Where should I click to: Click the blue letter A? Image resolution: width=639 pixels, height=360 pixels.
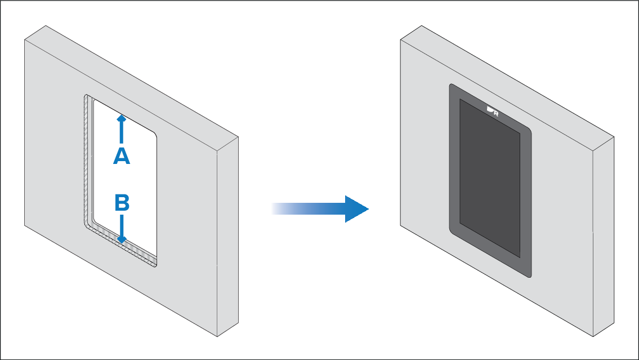(x=122, y=155)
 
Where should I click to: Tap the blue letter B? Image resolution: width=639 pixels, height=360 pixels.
(x=122, y=202)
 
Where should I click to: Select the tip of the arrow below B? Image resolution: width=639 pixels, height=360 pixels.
(x=122, y=241)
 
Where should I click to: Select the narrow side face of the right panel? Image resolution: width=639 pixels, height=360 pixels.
(x=604, y=237)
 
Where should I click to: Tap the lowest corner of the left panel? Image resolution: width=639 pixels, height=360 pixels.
(x=217, y=337)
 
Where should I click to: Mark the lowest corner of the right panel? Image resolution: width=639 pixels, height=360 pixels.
(x=593, y=337)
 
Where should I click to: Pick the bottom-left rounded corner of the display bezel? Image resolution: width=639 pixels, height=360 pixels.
(x=453, y=230)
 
